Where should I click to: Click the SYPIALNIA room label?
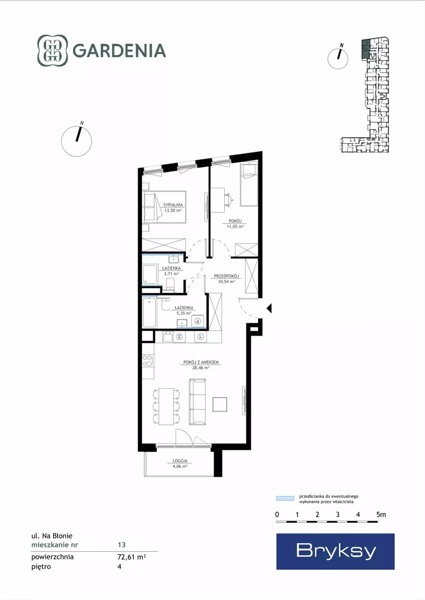point(173,205)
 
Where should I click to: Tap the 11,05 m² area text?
point(235,226)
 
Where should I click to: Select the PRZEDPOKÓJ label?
point(226,276)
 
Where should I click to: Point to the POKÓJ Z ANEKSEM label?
point(201,362)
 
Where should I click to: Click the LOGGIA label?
point(180,461)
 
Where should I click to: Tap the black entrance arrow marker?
point(269,308)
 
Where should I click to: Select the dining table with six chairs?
point(166,406)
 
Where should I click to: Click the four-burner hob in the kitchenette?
point(148,361)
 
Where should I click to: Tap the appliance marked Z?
point(179,337)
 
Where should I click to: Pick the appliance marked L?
point(201,337)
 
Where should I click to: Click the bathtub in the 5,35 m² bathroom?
point(149,313)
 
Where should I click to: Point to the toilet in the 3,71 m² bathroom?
point(171,283)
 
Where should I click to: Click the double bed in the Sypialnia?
point(164,206)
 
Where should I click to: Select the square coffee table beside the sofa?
point(220,404)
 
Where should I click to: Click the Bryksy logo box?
point(335,551)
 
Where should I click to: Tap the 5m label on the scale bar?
point(381,515)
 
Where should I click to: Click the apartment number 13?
point(122,545)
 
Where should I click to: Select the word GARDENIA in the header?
point(119,51)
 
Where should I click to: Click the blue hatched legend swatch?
point(285,498)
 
